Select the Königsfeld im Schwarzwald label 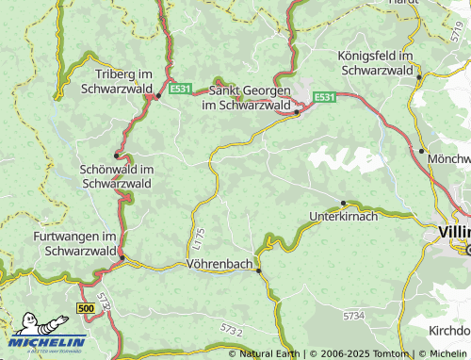[376, 63]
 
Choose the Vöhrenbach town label [220, 265]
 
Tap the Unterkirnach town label [343, 217]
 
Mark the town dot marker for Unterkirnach [344, 204]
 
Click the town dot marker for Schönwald [117, 155]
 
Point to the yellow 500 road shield [87, 308]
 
